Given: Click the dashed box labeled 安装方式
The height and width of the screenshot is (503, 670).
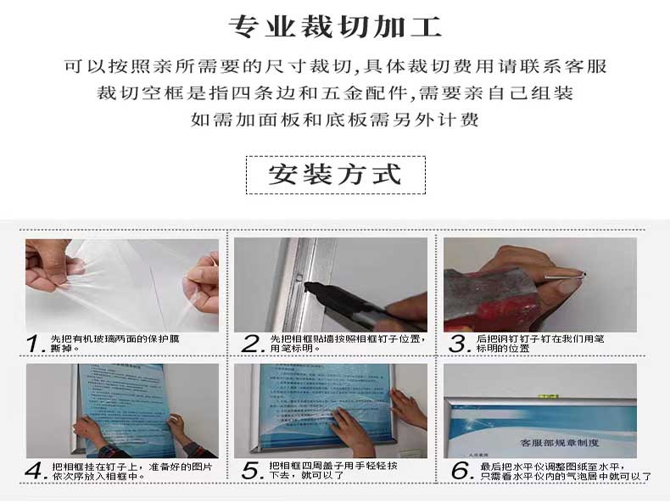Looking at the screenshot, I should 334,175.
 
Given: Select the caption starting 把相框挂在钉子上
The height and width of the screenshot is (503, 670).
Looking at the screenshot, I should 131,471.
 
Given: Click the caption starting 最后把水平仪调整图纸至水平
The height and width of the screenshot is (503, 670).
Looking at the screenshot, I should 564,471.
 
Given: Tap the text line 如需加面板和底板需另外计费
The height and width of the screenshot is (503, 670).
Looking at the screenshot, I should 335,120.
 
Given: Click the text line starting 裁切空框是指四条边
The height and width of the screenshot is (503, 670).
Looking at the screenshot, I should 335,92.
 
